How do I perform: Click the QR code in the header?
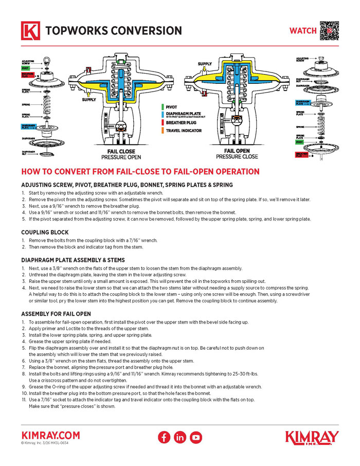pyautogui.click(x=330, y=30)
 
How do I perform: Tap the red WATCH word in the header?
pyautogui.click(x=303, y=31)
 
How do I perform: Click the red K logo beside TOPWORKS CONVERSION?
pyautogui.click(x=30, y=31)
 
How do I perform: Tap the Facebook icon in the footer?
pyautogui.click(x=164, y=437)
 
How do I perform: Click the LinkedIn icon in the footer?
pyautogui.click(x=180, y=437)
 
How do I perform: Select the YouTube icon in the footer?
pyautogui.click(x=196, y=437)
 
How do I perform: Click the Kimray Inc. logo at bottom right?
pyautogui.click(x=312, y=437)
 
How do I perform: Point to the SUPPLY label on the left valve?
pyautogui.click(x=89, y=100)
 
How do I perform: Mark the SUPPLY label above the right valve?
pyautogui.click(x=205, y=64)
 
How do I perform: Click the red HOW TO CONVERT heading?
pyautogui.click(x=140, y=172)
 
